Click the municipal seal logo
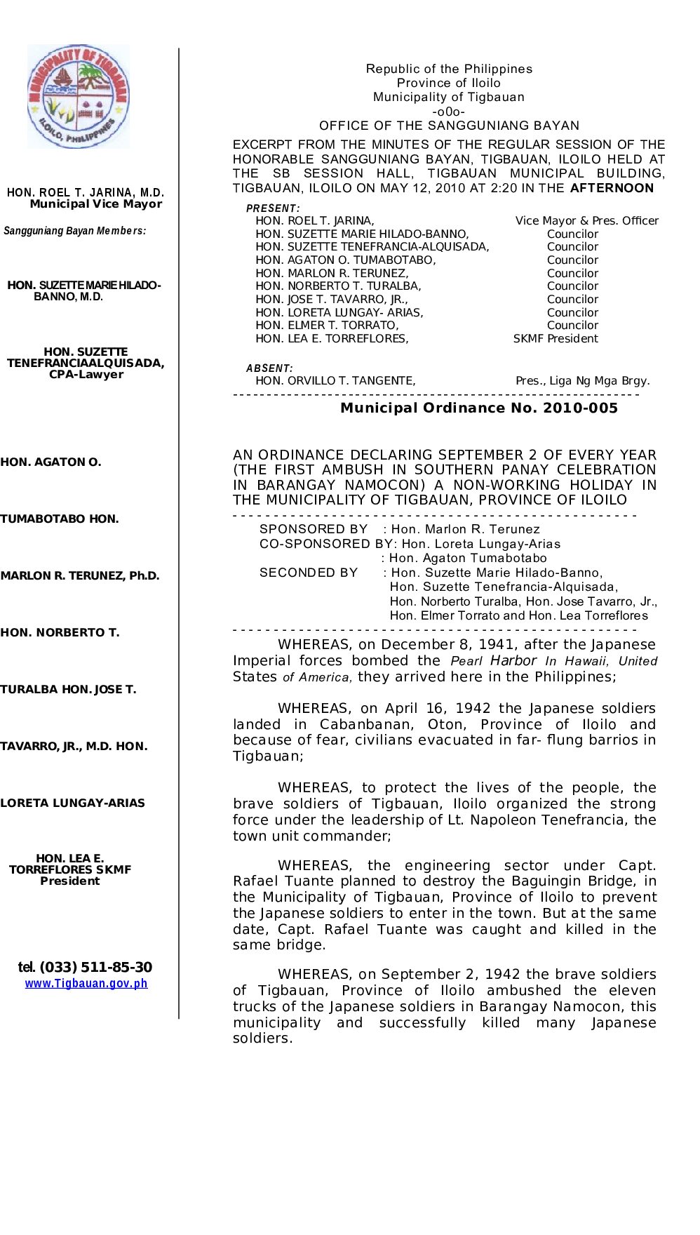[x=79, y=96]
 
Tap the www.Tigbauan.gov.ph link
[x=86, y=983]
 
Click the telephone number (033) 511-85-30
[x=95, y=967]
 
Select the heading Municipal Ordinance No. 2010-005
[x=479, y=408]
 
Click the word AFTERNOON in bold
[x=612, y=188]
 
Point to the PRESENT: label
[x=273, y=208]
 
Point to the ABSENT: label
[x=269, y=368]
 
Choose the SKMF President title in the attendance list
[x=556, y=339]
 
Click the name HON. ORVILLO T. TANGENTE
[x=335, y=381]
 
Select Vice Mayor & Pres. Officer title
[x=586, y=221]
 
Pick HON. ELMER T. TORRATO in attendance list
[x=327, y=326]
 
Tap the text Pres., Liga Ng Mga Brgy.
[x=582, y=381]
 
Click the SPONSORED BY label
[x=314, y=529]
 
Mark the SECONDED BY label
[x=309, y=573]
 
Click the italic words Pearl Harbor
[x=493, y=661]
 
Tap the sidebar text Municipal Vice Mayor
[x=96, y=204]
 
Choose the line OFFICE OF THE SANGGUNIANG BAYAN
[x=449, y=126]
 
